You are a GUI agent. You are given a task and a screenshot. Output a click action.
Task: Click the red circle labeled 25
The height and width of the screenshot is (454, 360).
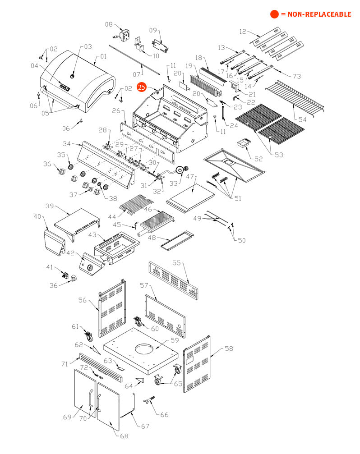click(142, 87)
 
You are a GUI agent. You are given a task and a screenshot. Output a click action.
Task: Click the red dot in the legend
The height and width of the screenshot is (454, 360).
click(274, 14)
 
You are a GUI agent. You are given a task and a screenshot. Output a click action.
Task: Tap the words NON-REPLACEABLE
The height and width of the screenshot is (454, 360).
click(319, 14)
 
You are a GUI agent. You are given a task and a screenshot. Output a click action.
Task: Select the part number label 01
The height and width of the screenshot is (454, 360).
click(103, 56)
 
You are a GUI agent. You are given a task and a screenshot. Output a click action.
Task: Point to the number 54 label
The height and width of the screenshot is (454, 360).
click(302, 119)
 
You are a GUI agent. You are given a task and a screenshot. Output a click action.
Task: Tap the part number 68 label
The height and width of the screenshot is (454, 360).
click(124, 436)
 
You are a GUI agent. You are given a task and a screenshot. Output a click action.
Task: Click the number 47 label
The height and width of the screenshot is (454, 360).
click(190, 176)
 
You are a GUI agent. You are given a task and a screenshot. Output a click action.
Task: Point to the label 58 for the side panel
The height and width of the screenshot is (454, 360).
click(229, 349)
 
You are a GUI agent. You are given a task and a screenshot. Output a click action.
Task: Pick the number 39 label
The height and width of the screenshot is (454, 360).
click(50, 206)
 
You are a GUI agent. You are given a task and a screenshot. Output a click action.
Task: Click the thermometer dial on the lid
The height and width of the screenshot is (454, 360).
click(72, 76)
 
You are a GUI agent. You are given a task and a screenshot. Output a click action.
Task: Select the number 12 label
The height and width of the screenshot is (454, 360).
click(243, 31)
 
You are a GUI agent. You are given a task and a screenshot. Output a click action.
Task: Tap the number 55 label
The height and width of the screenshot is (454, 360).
click(176, 262)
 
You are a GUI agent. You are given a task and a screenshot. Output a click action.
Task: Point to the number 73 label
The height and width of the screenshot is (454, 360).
click(297, 76)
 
